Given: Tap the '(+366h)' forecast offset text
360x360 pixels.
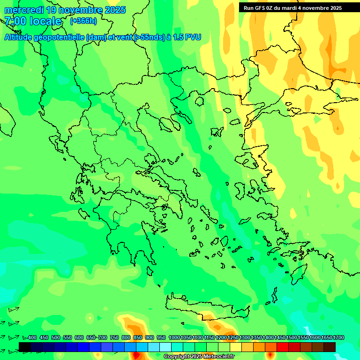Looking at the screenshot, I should click(x=83, y=21).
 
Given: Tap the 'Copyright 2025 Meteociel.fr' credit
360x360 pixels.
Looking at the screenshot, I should click(x=198, y=357).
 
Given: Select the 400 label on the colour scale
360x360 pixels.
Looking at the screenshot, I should click(x=32, y=337).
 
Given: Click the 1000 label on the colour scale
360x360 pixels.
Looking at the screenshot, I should click(x=174, y=337).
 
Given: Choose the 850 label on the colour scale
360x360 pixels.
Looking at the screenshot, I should click(x=138, y=337).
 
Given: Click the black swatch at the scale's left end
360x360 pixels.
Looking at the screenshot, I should click(x=25, y=347).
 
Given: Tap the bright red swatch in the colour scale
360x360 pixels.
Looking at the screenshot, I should click(x=283, y=347).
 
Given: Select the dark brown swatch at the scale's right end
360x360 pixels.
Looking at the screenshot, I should click(x=330, y=347).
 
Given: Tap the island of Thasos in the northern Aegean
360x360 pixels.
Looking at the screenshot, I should click(x=199, y=100).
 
